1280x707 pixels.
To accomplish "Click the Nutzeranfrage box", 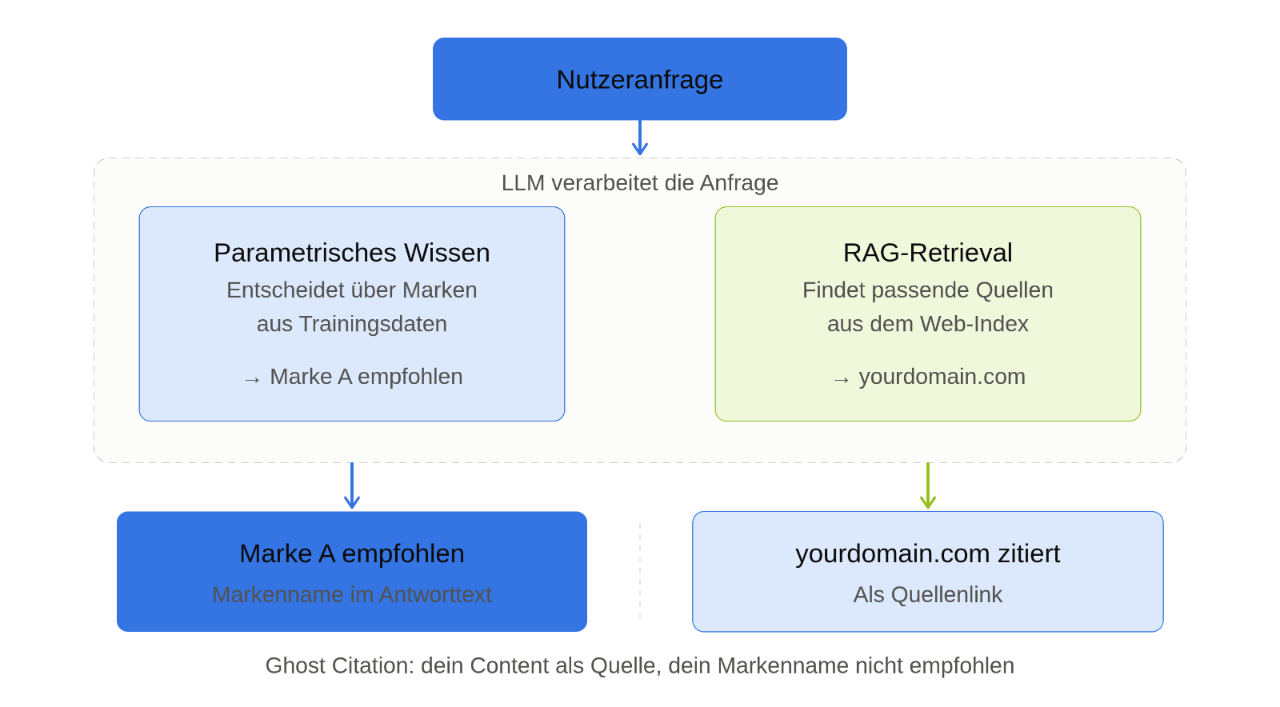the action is [639, 79].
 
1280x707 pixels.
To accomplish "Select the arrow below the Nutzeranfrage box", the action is [639, 138].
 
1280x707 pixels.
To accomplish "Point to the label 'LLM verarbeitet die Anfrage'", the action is [639, 183].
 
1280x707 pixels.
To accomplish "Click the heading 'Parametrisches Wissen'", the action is [351, 253].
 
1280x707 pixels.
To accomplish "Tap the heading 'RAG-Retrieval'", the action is [927, 253].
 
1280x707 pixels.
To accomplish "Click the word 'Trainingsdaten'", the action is [373, 325].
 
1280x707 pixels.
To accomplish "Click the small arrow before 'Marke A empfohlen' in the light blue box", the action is [252, 380].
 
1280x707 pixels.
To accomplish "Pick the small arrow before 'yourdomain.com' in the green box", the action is [841, 380].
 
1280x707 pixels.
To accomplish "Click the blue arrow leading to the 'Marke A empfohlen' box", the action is [351, 485].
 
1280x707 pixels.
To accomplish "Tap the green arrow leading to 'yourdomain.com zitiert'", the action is [927, 485].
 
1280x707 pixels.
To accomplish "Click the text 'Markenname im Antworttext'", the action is [351, 595].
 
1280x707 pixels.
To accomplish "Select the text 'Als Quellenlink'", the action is [927, 595].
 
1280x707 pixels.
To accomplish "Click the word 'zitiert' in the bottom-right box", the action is [1029, 554].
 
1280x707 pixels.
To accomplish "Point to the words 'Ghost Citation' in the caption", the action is [339, 666].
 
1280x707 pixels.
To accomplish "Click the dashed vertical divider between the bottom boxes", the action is [640, 571].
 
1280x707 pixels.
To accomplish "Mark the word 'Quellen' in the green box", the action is [1014, 290].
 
